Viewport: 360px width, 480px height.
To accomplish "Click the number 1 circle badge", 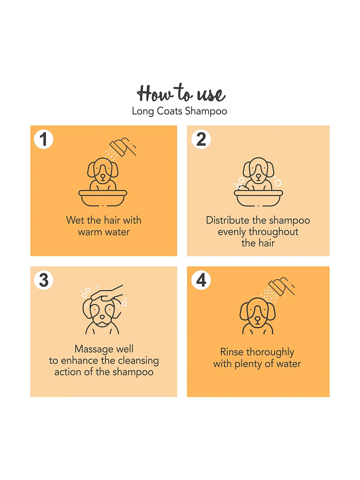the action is tap(43, 139).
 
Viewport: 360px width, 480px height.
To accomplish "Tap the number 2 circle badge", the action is tap(201, 139).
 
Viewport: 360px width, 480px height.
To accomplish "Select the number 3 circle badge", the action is tap(43, 280).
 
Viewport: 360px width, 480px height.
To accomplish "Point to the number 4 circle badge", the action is tap(201, 280).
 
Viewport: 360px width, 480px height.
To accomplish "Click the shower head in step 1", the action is tap(123, 146).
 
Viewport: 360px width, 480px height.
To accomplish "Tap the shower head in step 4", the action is tap(281, 286).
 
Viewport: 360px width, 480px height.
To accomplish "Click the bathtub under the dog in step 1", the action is tap(103, 198).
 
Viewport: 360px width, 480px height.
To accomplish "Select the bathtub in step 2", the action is tap(258, 198).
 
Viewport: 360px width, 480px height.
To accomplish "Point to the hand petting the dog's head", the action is tap(107, 292).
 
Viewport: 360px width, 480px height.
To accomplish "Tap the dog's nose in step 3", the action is tap(102, 316).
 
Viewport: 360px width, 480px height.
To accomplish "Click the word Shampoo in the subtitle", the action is tap(206, 111).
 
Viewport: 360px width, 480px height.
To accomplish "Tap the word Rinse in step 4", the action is tap(232, 352).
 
